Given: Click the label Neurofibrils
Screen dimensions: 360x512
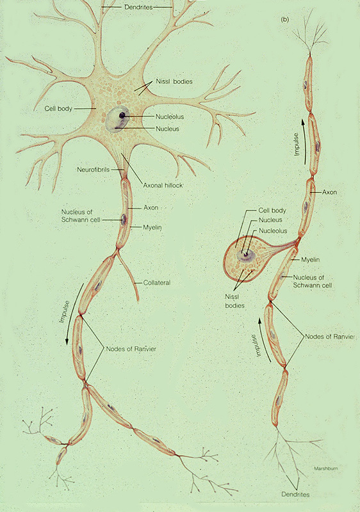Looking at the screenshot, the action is [93, 170].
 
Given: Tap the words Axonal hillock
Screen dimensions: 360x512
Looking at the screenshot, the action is [163, 185].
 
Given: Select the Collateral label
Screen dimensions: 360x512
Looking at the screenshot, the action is [157, 283].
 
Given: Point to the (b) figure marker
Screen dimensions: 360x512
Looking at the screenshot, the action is [285, 19].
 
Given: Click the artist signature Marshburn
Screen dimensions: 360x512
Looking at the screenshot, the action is [326, 468].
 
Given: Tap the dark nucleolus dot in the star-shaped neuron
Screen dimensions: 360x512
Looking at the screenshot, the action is [122, 115].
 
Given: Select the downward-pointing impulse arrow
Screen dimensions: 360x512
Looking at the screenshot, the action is [74, 314].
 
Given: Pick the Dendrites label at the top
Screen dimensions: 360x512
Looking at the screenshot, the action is [138, 7].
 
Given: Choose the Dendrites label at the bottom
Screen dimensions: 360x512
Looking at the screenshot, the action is [295, 494].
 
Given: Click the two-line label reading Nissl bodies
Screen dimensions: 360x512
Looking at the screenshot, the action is [235, 301].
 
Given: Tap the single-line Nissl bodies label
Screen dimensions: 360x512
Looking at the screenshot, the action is [174, 82].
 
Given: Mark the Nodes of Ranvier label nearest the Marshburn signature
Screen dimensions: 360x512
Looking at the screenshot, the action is [330, 337].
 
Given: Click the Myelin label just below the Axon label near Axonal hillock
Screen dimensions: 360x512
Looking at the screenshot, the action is [152, 227].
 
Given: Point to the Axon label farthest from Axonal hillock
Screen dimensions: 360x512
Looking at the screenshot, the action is [329, 192].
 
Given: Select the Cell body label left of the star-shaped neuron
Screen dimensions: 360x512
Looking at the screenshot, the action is [58, 108].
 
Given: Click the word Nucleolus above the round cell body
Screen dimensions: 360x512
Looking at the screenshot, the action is [273, 231].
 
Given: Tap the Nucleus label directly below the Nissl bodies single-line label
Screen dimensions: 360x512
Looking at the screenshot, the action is [167, 129].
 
